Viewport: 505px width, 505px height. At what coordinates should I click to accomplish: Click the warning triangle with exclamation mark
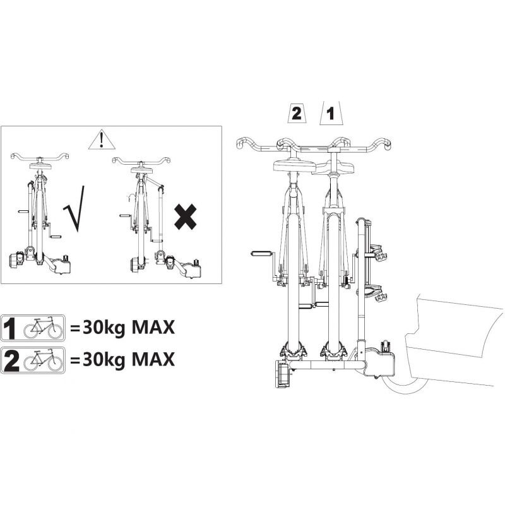click(x=102, y=140)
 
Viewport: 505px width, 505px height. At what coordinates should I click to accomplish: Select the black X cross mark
click(x=185, y=217)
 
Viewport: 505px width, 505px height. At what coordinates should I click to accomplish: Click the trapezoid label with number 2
click(x=296, y=113)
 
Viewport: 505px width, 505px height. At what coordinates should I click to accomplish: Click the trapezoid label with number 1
click(x=331, y=114)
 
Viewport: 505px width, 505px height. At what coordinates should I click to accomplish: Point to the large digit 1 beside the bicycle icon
click(x=9, y=328)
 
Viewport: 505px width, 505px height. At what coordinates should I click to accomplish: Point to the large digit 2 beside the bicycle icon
click(x=11, y=360)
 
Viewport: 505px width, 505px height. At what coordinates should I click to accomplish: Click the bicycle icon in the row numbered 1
click(x=43, y=328)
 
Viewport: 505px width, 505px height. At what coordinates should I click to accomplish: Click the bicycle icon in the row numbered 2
click(x=43, y=360)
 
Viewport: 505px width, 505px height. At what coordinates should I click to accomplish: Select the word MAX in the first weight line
click(x=153, y=328)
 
